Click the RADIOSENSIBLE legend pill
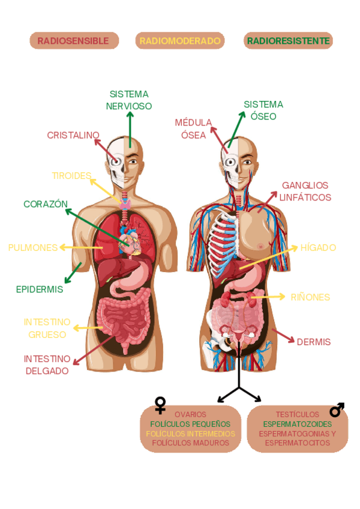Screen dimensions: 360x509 pos(74,41)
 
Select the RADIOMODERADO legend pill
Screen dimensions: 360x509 pos(180,41)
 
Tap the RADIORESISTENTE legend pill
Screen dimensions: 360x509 pos(288,41)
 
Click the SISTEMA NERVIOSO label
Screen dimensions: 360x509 pos(129,100)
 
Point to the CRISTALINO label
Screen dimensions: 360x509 pos(73,136)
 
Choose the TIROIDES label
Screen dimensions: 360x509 pos(71,176)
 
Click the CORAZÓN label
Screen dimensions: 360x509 pos(46,204)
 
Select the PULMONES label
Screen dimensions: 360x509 pos(33,247)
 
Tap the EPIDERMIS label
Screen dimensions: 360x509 pos(40,289)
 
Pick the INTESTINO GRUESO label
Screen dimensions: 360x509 pos(47,328)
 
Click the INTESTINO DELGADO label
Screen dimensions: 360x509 pos(47,365)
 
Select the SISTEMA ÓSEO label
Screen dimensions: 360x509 pos(263,110)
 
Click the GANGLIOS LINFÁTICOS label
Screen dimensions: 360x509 pos(305,191)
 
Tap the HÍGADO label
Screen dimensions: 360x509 pos(318,247)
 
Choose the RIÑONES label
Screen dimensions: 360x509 pos(310,297)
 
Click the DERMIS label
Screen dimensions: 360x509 pos(314,342)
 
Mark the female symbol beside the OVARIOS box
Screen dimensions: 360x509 pos(160,405)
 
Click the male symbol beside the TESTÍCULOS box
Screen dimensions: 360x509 pos(337,410)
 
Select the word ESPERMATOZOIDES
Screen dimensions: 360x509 pos(298,424)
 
